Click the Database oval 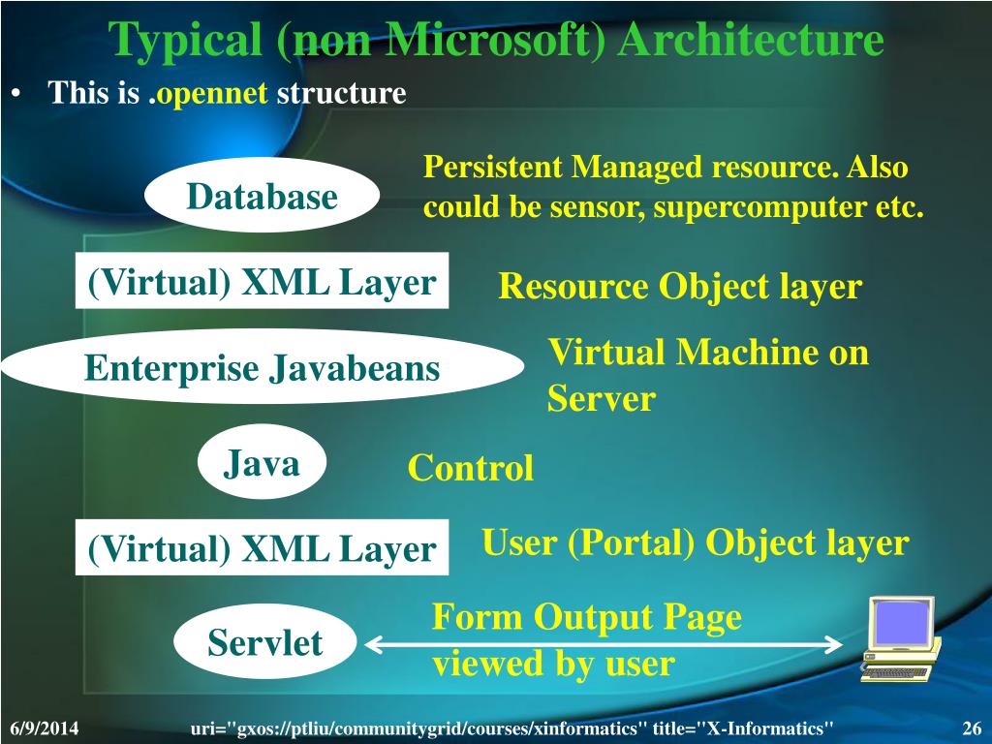pos(262,196)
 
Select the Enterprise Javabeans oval pos(262,368)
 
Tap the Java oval pos(262,464)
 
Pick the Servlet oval pos(263,642)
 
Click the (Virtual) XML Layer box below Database pos(262,282)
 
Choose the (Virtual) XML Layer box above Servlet pos(262,548)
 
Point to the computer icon pos(898,638)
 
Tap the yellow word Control pos(470,469)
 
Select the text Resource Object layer pos(679,287)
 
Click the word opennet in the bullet pos(213,94)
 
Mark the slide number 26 pos(971,728)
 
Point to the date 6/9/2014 pos(45,728)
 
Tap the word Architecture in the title pos(751,41)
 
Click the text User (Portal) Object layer pos(695,543)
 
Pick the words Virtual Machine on pos(708,353)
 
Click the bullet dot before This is pos(17,95)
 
